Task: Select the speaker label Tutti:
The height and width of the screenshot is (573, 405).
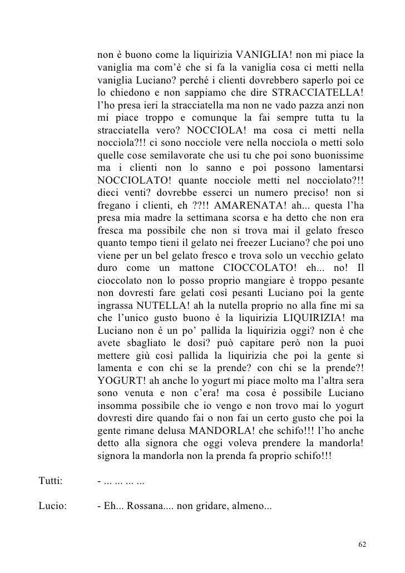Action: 51,481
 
